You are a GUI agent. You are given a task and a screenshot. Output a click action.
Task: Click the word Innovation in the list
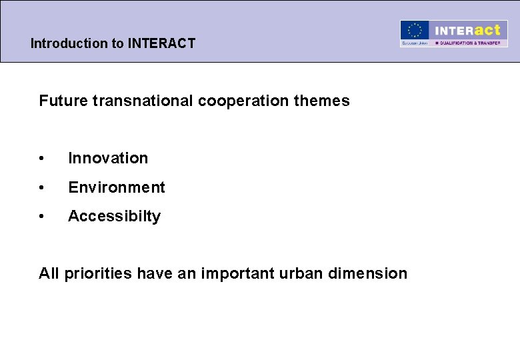pyautogui.click(x=108, y=158)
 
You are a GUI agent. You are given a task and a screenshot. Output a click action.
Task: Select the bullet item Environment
pyautogui.click(x=117, y=187)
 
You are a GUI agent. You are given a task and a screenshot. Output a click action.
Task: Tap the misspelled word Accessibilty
pyautogui.click(x=114, y=216)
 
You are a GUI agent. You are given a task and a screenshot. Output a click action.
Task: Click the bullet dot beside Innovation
pyautogui.click(x=42, y=159)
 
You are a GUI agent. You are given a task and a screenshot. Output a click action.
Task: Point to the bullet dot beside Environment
pyautogui.click(x=42, y=188)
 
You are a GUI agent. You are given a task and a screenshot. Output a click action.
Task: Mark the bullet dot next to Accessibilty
pyautogui.click(x=42, y=217)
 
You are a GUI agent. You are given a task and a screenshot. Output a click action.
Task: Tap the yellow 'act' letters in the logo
pyautogui.click(x=487, y=30)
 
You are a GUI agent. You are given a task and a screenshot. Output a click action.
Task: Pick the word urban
pyautogui.click(x=306, y=273)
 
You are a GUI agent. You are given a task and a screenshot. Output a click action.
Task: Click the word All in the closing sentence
pyautogui.click(x=49, y=273)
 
